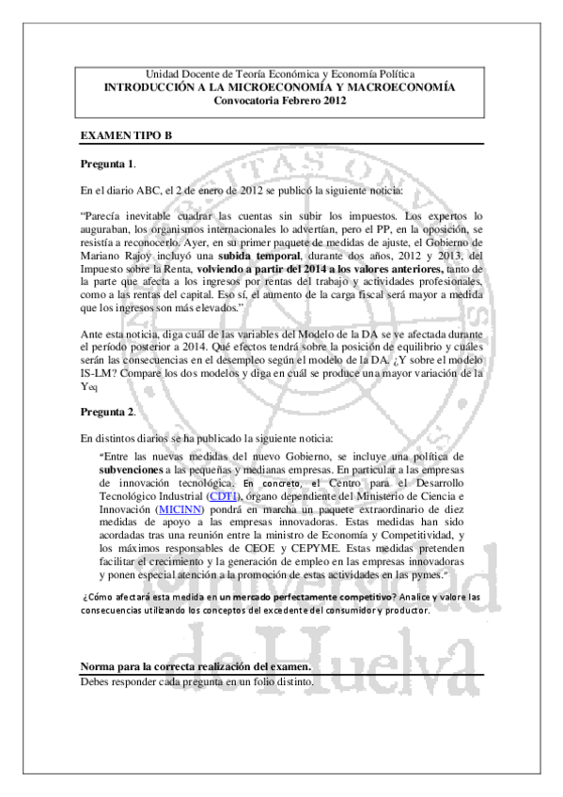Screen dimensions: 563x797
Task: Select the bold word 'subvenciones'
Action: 131,468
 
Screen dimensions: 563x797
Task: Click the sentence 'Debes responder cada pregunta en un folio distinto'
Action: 198,680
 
